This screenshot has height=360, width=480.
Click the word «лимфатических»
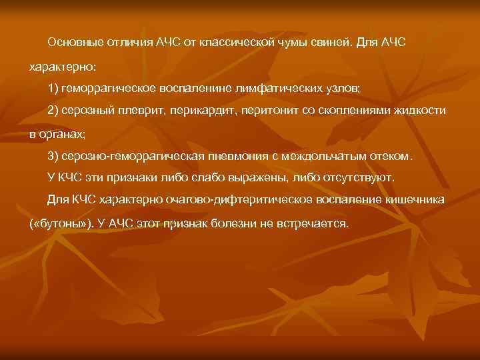pyautogui.click(x=263, y=89)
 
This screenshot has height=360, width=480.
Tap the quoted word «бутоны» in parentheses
pyautogui.click(x=63, y=223)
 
